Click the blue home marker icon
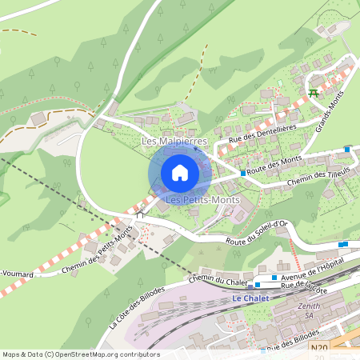pyautogui.click(x=180, y=173)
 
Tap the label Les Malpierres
pyautogui.click(x=174, y=142)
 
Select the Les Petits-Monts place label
pyautogui.click(x=196, y=198)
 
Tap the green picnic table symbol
pyautogui.click(x=313, y=93)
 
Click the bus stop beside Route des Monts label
pyautogui.click(x=243, y=172)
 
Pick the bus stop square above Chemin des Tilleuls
pyautogui.click(x=347, y=149)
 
